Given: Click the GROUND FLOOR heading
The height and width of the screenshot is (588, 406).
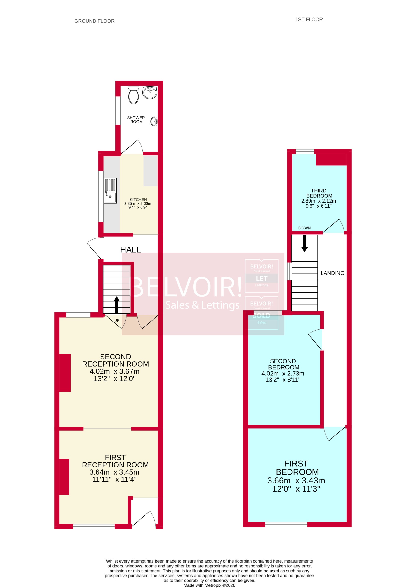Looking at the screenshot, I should coord(94,21).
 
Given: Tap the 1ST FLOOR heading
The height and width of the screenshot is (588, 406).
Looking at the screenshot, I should coord(309,20).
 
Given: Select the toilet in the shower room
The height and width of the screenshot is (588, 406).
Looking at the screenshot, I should coord(134,95).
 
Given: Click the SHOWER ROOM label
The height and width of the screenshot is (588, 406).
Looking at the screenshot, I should coord(136,120).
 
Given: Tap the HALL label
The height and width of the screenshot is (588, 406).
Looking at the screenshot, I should coord(130,250).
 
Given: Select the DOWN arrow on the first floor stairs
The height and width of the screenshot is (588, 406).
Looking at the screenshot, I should coord(305,244).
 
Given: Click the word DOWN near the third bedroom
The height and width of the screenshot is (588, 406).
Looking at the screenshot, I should coord(304,228).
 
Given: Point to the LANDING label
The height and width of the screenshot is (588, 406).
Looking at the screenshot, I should coord(332,273).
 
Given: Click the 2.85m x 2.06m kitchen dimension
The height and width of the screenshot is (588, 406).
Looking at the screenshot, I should coord(138,203).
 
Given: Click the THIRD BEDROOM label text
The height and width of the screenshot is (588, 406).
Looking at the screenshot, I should coord(319,193).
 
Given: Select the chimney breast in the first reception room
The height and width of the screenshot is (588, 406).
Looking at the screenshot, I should coord(64,477).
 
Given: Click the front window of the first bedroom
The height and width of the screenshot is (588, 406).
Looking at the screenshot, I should coord(286,524).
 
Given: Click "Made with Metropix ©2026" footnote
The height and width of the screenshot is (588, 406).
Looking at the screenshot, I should coord(209,585).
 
